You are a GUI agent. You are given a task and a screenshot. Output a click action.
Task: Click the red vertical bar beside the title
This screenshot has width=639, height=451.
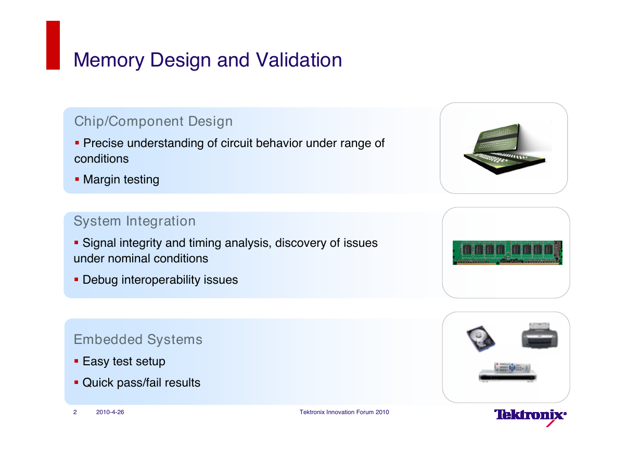click(53, 45)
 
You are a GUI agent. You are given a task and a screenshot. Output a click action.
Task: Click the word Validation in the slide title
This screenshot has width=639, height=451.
click(299, 60)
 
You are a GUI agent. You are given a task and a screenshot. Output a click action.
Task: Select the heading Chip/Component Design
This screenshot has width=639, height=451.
click(154, 122)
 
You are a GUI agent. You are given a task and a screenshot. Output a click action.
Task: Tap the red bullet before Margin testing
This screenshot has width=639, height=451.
click(76, 179)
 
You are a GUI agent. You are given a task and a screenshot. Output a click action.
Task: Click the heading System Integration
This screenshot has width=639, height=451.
click(135, 221)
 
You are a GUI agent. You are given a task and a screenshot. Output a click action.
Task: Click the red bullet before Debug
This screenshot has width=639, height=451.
click(76, 280)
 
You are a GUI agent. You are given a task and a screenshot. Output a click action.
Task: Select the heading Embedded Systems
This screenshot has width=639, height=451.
click(138, 340)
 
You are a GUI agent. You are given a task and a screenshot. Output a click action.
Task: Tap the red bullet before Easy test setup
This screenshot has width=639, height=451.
click(76, 361)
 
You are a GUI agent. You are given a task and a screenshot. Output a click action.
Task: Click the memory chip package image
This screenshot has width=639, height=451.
click(505, 149)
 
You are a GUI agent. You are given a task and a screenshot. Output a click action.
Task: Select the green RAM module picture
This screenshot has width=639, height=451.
click(507, 253)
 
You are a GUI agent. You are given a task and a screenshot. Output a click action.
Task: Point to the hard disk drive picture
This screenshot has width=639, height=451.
click(481, 339)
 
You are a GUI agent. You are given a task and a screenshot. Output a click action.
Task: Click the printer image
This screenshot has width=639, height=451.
click(540, 335)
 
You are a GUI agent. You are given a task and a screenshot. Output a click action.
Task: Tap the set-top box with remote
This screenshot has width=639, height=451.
click(507, 372)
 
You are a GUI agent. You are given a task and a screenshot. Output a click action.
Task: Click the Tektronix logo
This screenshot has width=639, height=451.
click(530, 417)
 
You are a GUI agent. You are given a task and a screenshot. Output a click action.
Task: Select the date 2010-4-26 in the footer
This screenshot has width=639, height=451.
click(110, 412)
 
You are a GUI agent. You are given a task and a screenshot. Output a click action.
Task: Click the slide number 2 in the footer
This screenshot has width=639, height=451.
click(75, 412)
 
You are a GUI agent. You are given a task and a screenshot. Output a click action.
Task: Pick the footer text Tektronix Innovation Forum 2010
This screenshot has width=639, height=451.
click(344, 412)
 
